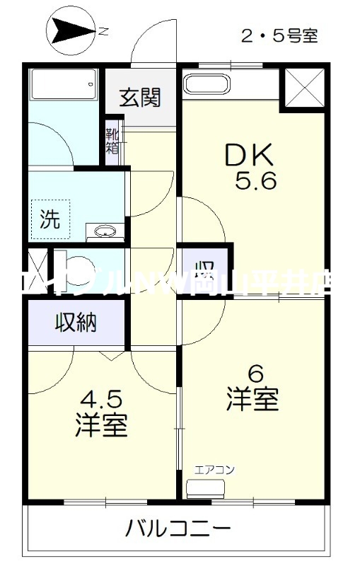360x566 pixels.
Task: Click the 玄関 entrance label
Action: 139,98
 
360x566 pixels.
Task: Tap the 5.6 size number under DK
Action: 256,181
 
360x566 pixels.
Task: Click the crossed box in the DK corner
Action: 303,88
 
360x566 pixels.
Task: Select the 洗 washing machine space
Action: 50,219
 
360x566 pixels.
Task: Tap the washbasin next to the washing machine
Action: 105,231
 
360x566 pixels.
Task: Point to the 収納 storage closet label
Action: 76,323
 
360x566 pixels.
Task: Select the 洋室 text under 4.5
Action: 101,427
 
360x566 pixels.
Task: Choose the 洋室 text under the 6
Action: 252,400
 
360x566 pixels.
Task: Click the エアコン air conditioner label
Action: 215,469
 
